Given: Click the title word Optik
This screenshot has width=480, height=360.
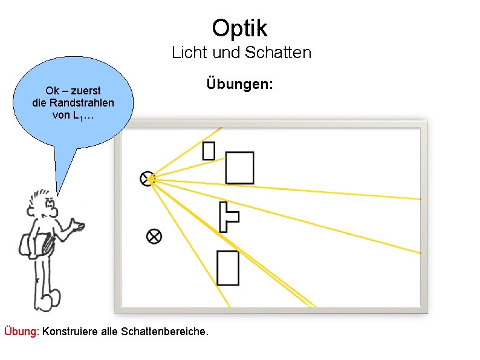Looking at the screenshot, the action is tap(239, 28).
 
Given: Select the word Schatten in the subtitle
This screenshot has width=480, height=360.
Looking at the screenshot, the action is tap(279, 53).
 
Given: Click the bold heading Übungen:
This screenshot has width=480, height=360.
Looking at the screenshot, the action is tap(239, 83).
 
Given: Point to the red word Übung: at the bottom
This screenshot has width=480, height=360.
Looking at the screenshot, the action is tap(22, 332).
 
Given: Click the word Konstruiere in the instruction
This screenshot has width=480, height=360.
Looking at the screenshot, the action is tap(68, 332).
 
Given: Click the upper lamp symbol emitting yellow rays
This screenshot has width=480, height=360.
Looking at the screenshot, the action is tap(147, 178).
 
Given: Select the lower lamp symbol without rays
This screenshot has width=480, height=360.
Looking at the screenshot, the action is tap(154, 236).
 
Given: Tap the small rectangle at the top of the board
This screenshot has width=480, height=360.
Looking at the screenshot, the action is tap(209, 150).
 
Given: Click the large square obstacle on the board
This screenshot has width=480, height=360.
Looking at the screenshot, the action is tap(239, 168).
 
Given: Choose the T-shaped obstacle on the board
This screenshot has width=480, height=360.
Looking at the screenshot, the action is tap(226, 217).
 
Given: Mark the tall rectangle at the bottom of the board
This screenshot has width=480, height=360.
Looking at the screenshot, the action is tap(228, 267).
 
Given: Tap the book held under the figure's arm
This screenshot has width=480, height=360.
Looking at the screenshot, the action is tap(46, 246).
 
